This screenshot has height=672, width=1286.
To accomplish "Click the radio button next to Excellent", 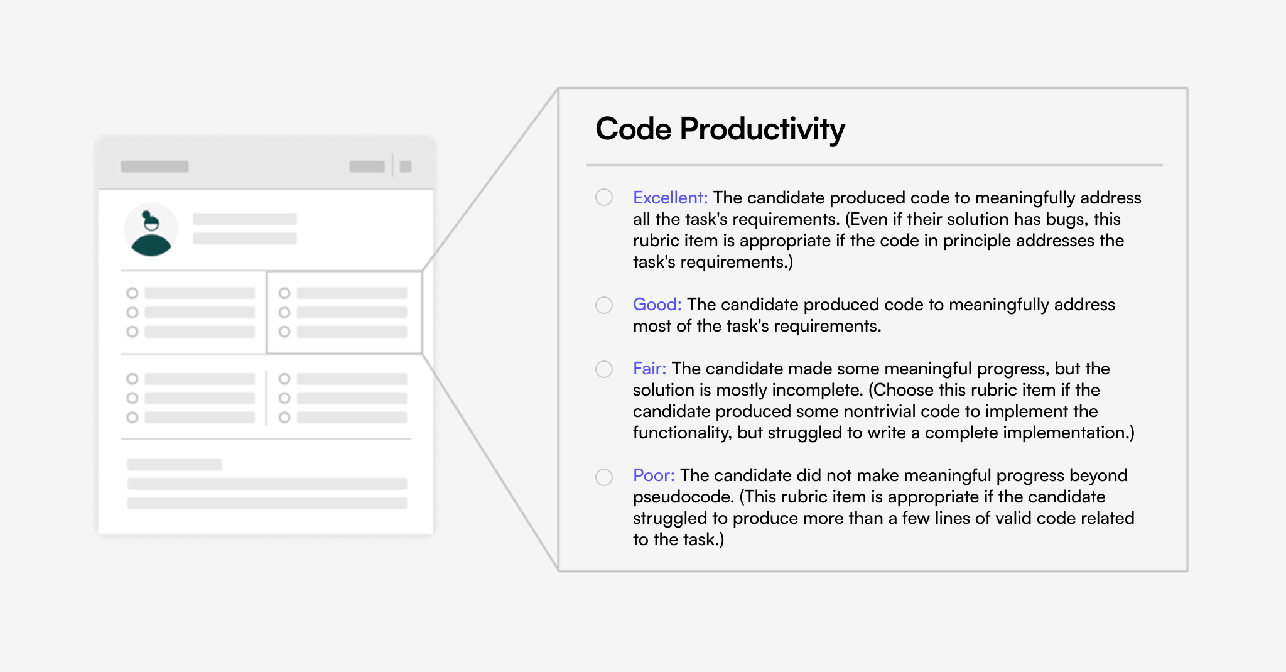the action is [604, 197].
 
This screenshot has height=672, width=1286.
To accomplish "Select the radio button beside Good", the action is [604, 305].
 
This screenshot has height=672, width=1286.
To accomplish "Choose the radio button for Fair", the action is [604, 369].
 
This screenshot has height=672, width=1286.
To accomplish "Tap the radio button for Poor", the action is [604, 477].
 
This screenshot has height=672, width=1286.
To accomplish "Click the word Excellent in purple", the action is [670, 198].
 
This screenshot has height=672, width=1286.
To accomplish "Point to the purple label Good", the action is [657, 305].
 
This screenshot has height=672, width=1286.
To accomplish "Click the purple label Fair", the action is [649, 369].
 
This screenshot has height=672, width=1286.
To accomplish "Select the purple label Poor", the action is [654, 475].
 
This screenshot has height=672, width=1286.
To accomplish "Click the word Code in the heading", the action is [634, 129].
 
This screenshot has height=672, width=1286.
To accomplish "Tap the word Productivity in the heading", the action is [762, 130].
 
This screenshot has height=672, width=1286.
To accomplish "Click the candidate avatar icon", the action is [151, 230].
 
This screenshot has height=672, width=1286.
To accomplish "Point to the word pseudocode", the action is [683, 497].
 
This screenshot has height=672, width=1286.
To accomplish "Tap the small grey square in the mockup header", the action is [406, 166].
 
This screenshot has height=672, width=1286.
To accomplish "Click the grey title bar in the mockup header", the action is [155, 166].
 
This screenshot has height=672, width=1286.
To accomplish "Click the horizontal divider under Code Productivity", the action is [875, 165].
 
